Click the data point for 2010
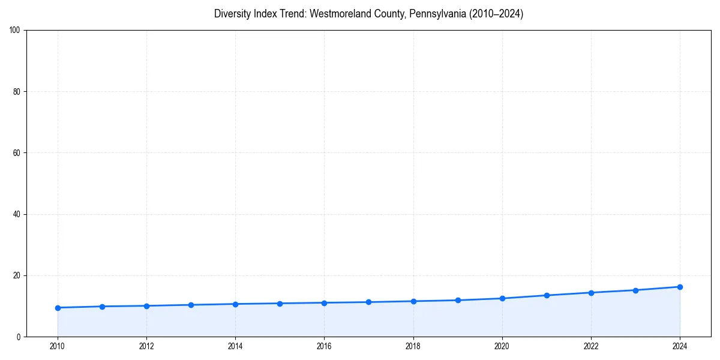coord(58,308)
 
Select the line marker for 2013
coord(191,305)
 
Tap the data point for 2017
coord(368,302)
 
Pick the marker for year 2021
coord(547,295)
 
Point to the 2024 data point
coord(680,287)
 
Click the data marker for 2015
coord(280,304)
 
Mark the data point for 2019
coord(458,300)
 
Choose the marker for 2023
coord(635,290)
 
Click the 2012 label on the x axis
coord(146,346)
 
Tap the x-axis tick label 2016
coord(324,346)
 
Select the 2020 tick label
coord(502,346)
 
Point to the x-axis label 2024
coord(680,346)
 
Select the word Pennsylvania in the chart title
coord(434,14)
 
